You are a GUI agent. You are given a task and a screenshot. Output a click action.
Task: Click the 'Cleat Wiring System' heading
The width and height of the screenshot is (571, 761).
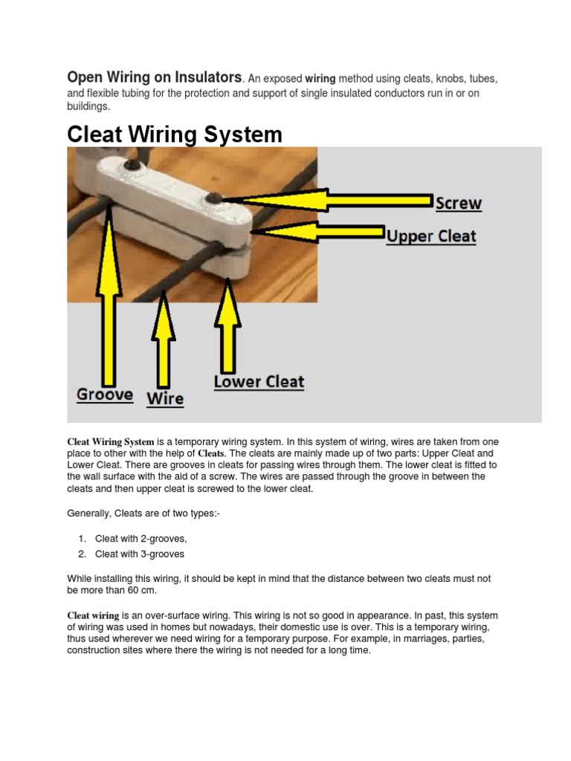click(x=175, y=135)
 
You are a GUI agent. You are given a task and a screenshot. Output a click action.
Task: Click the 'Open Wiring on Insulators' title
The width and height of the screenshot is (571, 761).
click(x=154, y=77)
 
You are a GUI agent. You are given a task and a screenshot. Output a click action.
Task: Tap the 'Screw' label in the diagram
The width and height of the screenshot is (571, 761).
click(x=458, y=203)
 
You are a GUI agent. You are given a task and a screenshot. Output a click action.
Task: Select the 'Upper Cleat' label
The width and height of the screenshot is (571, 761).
click(x=431, y=236)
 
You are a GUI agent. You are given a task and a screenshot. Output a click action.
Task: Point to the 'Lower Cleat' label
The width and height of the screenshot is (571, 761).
click(x=259, y=382)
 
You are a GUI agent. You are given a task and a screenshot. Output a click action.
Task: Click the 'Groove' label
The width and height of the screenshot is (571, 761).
click(x=105, y=395)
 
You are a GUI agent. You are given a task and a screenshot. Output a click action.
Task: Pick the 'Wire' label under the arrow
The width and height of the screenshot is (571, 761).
click(x=165, y=398)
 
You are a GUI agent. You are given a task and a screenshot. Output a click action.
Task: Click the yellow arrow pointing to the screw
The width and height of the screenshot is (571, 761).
click(x=327, y=200)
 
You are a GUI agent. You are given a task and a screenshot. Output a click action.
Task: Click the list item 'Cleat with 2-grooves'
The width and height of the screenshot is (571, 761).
click(x=141, y=538)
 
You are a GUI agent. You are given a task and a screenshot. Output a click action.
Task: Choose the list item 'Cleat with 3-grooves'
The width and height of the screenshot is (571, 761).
click(x=140, y=554)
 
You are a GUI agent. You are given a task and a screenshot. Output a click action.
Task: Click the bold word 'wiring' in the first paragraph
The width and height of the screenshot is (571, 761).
click(x=320, y=79)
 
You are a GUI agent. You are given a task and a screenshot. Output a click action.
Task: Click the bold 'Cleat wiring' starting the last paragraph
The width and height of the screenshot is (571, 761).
click(x=93, y=616)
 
